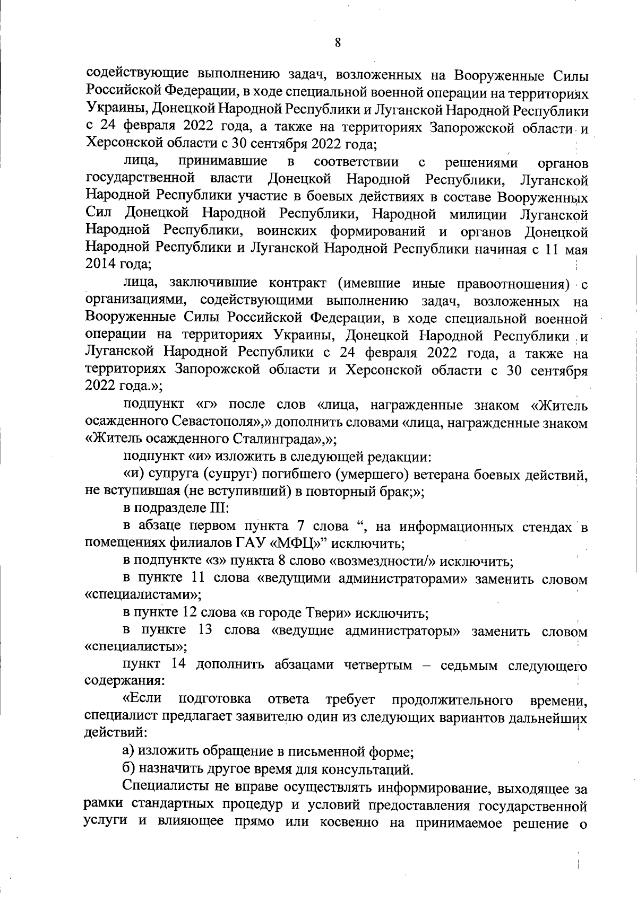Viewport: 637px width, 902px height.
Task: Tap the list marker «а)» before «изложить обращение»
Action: (x=128, y=751)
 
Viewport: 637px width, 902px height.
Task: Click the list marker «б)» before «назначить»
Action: (x=129, y=768)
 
